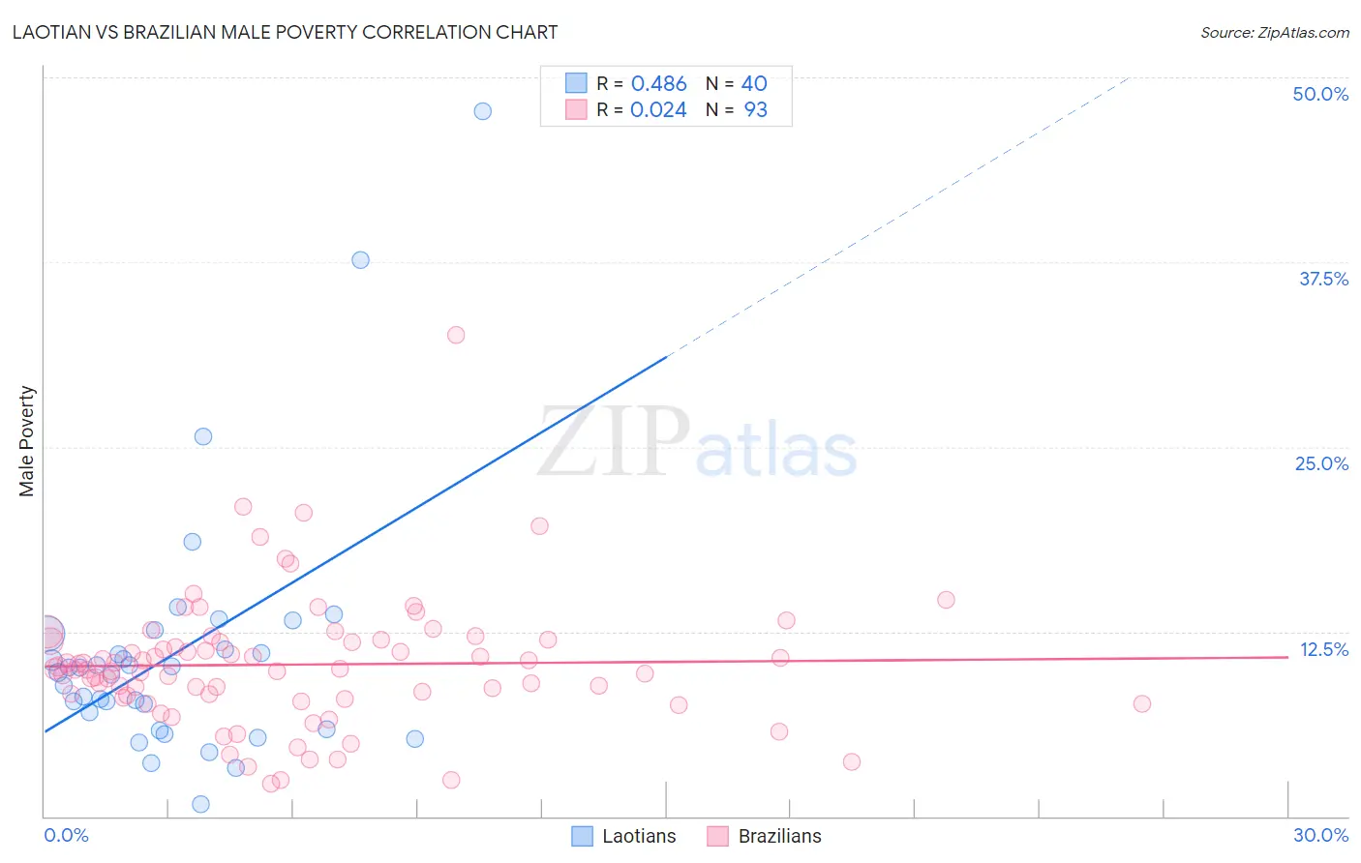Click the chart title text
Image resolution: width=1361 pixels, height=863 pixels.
pos(285,32)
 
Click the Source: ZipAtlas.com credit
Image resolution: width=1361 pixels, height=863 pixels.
pos(1274,32)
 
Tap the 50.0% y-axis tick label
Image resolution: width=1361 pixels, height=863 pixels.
pos(1320,94)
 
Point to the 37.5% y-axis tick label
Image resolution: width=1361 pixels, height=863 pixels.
pos(1323,279)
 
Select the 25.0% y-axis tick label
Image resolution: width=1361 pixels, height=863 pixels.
pos(1321,463)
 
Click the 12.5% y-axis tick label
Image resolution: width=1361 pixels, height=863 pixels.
pos(1323,649)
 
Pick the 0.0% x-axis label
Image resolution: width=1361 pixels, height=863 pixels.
pos(66,835)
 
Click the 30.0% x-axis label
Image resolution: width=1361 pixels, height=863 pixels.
pos(1320,835)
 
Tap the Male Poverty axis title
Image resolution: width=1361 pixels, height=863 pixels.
pos(27,441)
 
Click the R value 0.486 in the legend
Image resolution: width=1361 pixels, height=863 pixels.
pos(658,84)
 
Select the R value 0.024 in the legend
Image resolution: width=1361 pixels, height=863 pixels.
pos(658,110)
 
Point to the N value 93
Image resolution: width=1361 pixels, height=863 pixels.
pos(755,110)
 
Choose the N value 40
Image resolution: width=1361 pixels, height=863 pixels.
pos(754,84)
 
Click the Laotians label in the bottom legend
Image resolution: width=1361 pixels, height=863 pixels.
pos(639,836)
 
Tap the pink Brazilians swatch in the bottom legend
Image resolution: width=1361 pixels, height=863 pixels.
pos(717,836)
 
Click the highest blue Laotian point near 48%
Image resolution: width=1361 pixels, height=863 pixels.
pos(482,111)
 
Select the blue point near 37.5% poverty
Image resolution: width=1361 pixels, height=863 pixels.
pos(360,259)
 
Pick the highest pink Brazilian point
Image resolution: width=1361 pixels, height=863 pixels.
pos(456,335)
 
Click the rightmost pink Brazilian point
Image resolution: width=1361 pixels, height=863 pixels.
pos(1142,703)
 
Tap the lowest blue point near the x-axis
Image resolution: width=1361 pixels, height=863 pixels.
pos(200,804)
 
